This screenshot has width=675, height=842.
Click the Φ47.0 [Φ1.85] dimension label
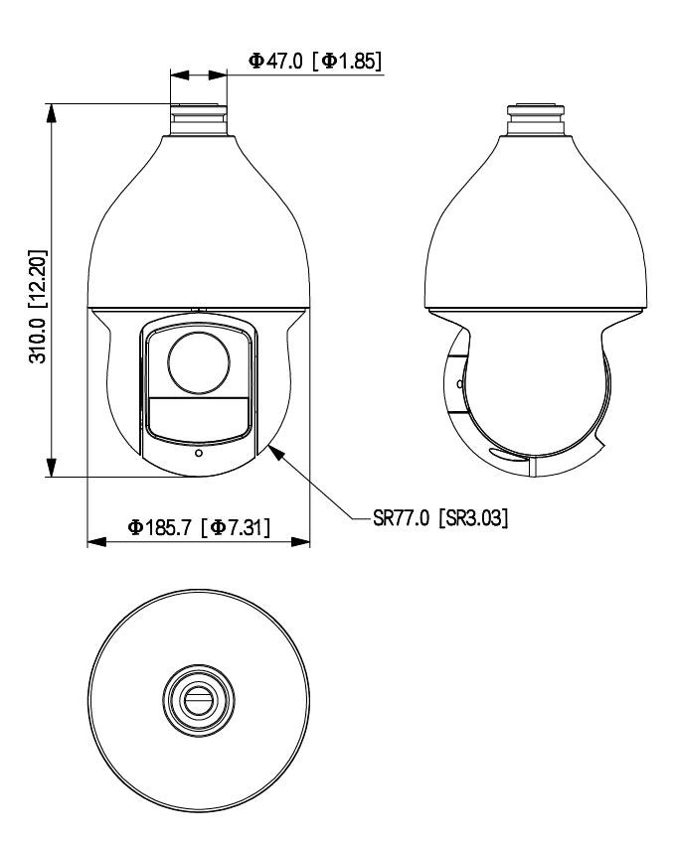[314, 61]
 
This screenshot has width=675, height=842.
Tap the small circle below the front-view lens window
[199, 454]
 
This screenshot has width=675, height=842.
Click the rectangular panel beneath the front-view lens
[198, 415]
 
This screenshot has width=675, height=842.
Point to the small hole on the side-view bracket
[458, 382]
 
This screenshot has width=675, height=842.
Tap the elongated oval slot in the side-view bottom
[505, 456]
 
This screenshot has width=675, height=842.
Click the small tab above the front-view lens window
[198, 310]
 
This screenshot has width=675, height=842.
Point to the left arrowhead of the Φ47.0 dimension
[178, 73]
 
